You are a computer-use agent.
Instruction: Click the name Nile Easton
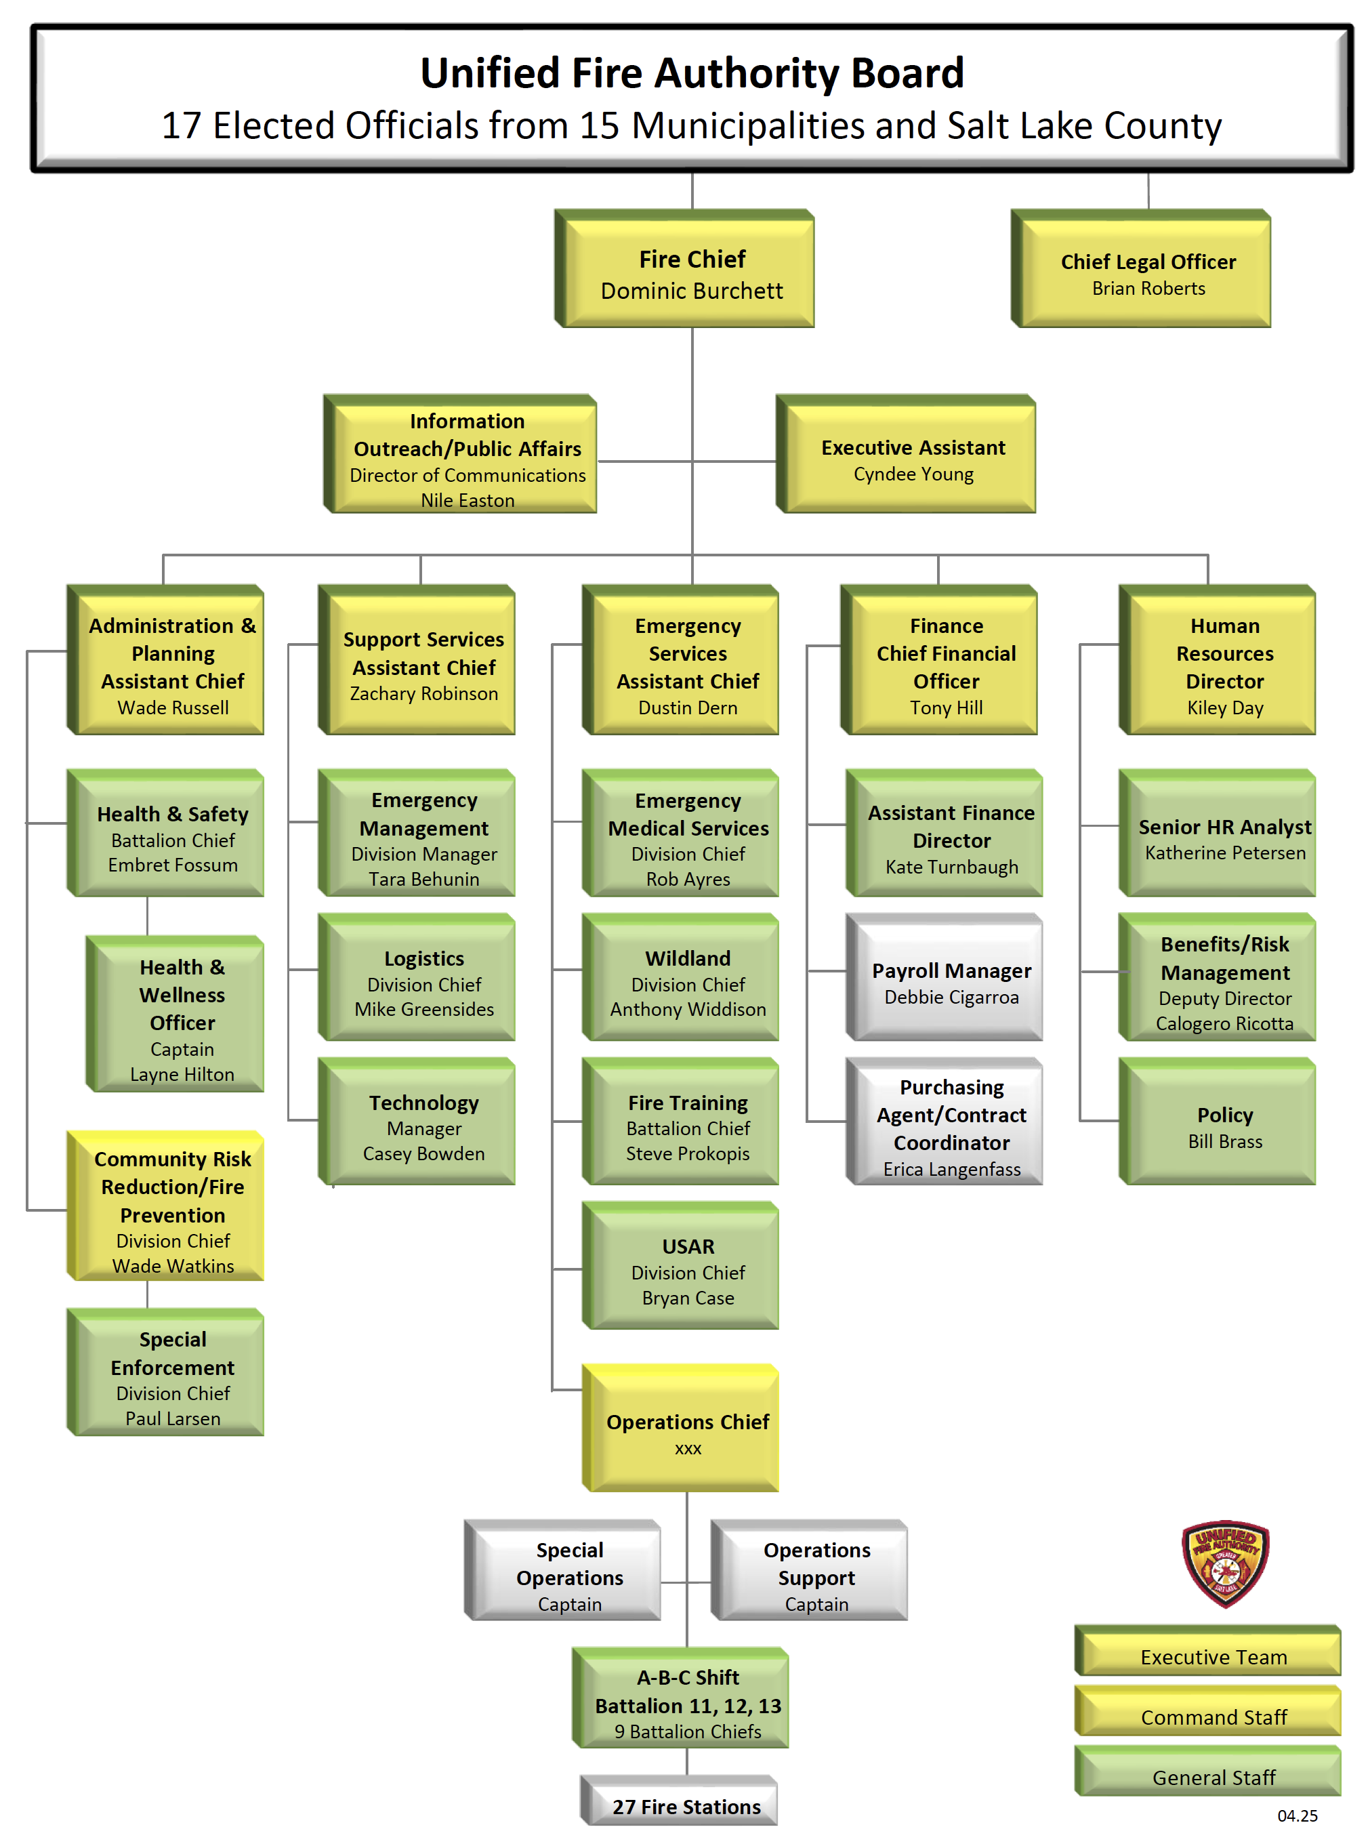point(467,500)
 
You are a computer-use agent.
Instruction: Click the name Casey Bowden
point(423,1153)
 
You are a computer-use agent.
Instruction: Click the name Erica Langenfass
point(952,1169)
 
